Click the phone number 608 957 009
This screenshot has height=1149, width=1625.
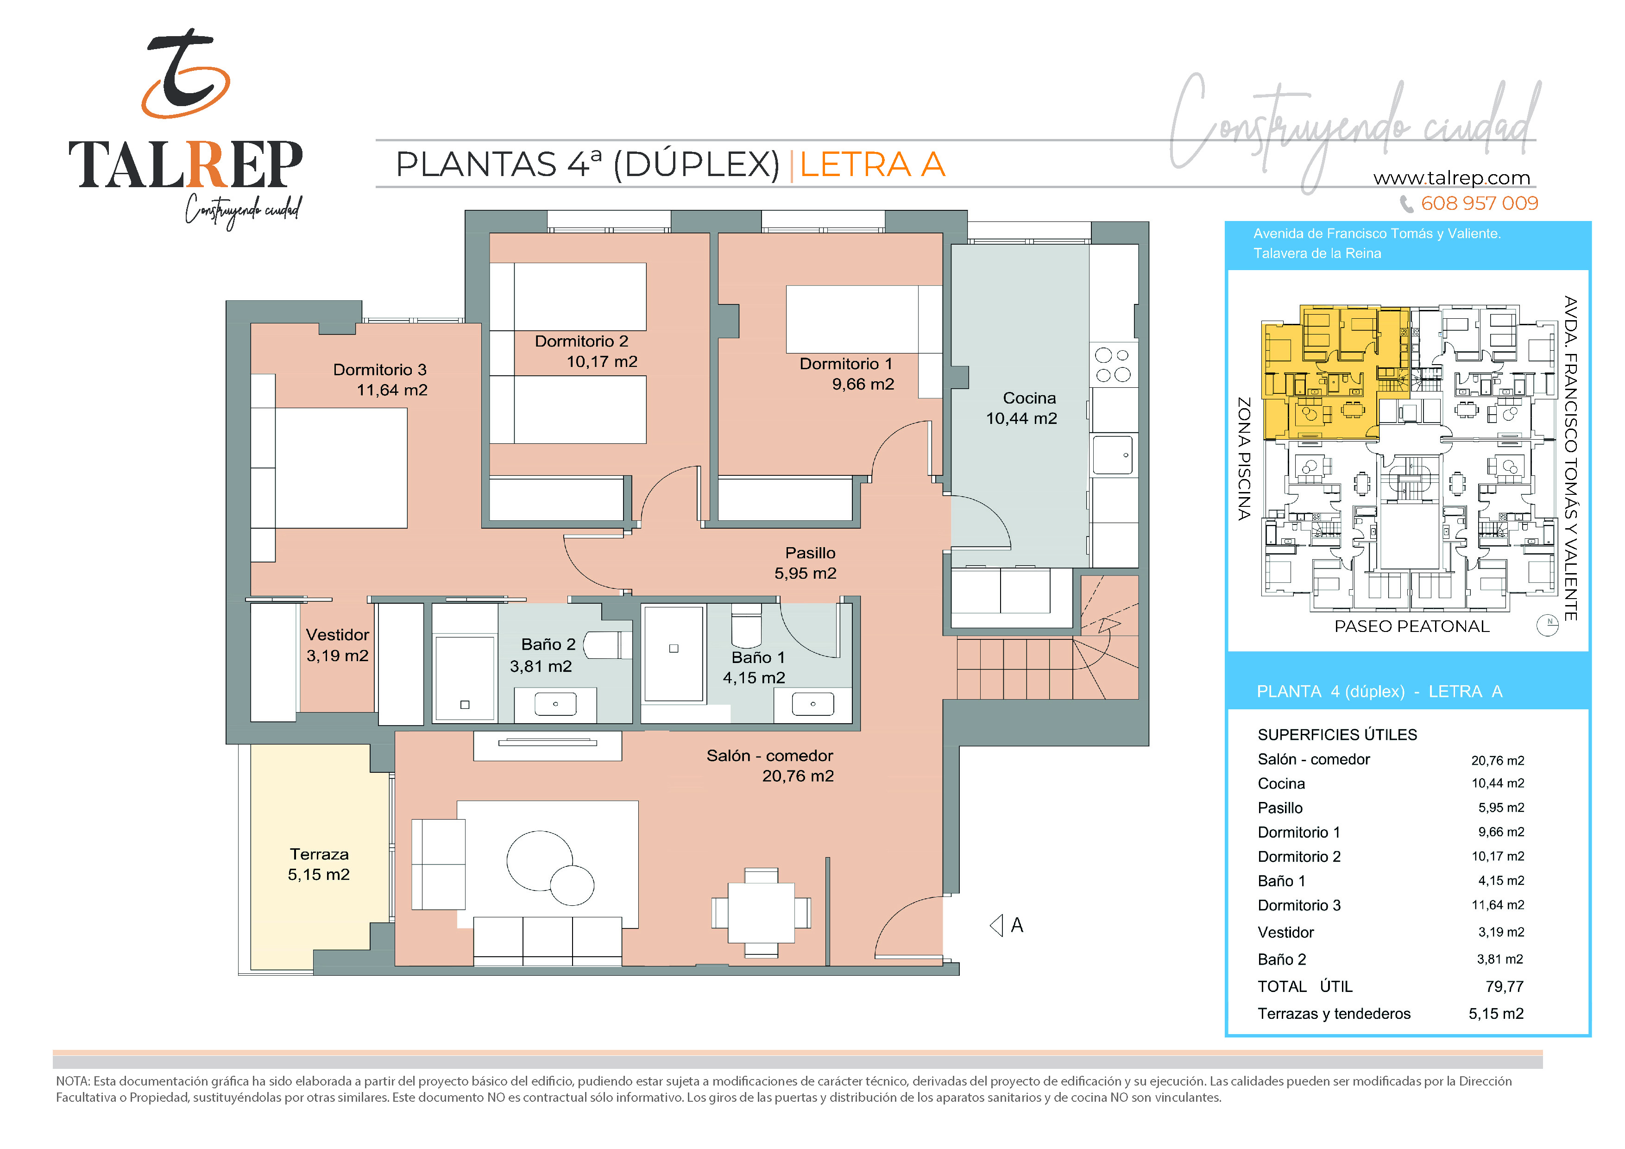[1479, 203]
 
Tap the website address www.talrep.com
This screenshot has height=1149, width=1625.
[1452, 178]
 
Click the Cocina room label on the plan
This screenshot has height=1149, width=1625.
[1029, 398]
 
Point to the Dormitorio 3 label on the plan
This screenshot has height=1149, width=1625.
[379, 370]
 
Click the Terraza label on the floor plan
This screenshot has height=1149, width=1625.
[319, 854]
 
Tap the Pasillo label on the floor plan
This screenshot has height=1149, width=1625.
[810, 553]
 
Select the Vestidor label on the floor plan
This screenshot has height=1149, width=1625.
[338, 635]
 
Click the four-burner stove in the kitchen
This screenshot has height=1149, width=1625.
[1113, 365]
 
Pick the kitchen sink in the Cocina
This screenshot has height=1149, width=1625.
[1113, 455]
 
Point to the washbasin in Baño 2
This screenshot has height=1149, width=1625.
[555, 704]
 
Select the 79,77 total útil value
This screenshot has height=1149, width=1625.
[1504, 987]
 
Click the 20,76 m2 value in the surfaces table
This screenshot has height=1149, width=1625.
[1498, 760]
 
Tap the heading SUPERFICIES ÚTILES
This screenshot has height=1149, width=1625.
[1337, 735]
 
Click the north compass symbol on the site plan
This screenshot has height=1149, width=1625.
[1547, 625]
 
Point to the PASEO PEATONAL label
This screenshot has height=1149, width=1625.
[1412, 626]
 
